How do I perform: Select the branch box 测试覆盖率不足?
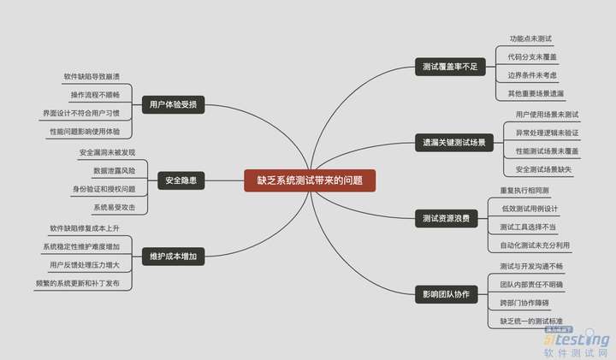click(x=449, y=66)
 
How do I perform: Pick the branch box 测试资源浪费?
click(x=446, y=219)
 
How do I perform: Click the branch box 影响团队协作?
click(x=446, y=294)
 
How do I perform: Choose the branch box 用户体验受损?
click(x=173, y=104)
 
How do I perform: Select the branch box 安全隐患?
click(x=181, y=180)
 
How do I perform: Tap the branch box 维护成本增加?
click(x=173, y=256)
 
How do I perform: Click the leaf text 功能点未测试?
click(x=530, y=38)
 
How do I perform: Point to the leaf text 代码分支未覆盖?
click(x=532, y=56)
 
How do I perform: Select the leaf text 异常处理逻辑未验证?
click(x=547, y=133)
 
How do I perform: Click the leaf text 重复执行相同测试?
click(x=524, y=190)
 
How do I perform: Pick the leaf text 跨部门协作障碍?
click(x=524, y=303)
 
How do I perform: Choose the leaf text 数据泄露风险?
click(x=107, y=170)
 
